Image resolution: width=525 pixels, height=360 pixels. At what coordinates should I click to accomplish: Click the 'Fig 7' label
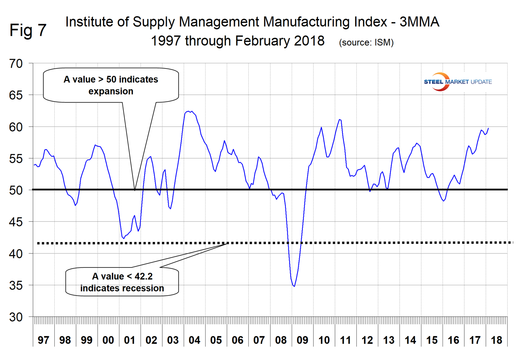[28, 30]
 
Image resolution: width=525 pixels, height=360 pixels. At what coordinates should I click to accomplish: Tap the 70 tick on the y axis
[16, 64]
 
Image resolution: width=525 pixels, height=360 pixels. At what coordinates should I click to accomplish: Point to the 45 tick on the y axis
[16, 222]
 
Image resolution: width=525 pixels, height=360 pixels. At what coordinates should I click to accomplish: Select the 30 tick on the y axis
[16, 317]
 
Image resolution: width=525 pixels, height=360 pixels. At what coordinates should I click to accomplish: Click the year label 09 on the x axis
[302, 340]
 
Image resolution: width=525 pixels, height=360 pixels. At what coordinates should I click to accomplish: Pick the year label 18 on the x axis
[497, 340]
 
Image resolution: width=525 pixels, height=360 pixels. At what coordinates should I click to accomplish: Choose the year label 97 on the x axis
[43, 340]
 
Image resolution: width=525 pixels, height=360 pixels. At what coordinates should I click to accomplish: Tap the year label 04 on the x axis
[194, 340]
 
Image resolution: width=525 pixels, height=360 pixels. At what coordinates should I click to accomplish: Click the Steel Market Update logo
[457, 82]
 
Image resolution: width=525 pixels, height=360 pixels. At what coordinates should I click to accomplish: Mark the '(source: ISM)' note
[366, 43]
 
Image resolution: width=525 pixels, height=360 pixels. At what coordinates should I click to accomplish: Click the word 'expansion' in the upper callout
[111, 91]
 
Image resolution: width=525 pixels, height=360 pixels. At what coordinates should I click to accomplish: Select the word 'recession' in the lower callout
[144, 288]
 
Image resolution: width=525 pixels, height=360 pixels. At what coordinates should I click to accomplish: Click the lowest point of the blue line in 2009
[294, 286]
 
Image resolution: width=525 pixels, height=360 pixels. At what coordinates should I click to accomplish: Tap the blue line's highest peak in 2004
[189, 111]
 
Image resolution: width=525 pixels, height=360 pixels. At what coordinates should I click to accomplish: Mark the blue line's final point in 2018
[488, 128]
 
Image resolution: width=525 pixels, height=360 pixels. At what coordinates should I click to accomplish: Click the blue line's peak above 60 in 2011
[339, 120]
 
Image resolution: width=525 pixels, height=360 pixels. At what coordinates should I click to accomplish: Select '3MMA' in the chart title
[419, 22]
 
